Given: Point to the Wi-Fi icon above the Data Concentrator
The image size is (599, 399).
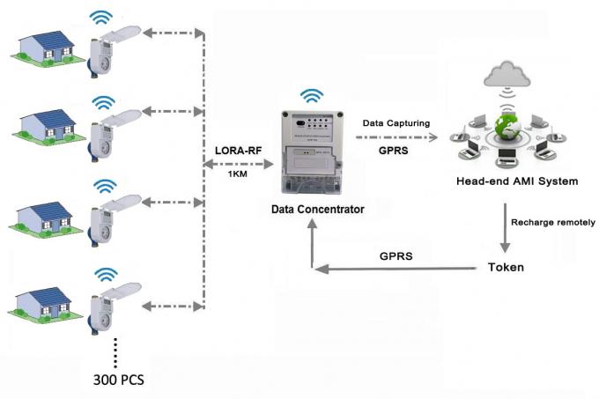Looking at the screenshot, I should tap(310, 95).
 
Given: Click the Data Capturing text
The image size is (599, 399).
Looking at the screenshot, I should tap(397, 122).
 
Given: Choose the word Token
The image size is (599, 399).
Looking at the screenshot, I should tap(507, 266).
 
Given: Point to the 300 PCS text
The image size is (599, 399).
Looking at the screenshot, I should tap(117, 381).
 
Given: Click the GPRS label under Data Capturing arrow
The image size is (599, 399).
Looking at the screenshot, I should tap(393, 151).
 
